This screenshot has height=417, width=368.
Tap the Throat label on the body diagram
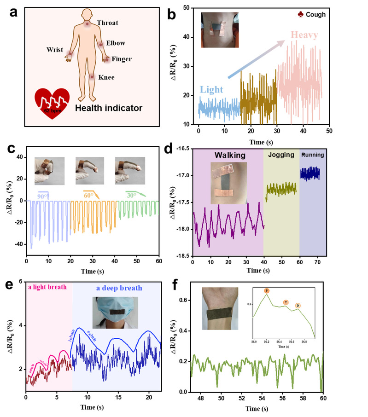(x=107, y=22)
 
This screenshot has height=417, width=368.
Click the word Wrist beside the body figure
(x=54, y=49)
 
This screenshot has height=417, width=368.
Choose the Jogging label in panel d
(x=281, y=155)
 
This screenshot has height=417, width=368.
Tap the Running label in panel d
(x=313, y=155)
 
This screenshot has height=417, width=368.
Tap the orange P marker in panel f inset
(x=267, y=291)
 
